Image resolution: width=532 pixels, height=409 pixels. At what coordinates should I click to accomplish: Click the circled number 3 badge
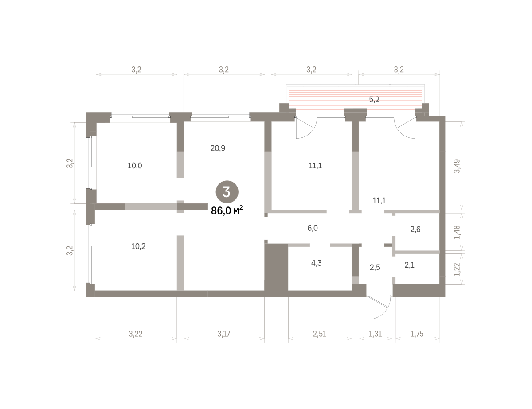pyautogui.click(x=227, y=192)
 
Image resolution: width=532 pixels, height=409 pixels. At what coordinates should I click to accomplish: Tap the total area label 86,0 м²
pyautogui.click(x=227, y=210)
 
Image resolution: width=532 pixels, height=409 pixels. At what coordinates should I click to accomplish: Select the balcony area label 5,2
pyautogui.click(x=374, y=100)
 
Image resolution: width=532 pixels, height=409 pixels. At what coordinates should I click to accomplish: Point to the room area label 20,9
pyautogui.click(x=218, y=148)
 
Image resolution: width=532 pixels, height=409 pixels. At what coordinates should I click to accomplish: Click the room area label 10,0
pyautogui.click(x=135, y=166)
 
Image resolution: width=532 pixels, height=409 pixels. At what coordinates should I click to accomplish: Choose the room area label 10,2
pyautogui.click(x=138, y=246)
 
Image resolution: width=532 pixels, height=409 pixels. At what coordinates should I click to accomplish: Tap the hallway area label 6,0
pyautogui.click(x=313, y=228)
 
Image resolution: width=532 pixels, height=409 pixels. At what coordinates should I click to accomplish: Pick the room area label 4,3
pyautogui.click(x=316, y=263)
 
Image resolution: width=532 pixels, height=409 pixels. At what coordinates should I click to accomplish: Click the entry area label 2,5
pyautogui.click(x=375, y=268)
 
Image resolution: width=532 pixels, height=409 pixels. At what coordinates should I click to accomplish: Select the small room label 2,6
pyautogui.click(x=415, y=230)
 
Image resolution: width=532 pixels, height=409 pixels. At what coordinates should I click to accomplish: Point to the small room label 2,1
pyautogui.click(x=409, y=265)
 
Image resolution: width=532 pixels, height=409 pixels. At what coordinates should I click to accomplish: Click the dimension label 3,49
pyautogui.click(x=457, y=166)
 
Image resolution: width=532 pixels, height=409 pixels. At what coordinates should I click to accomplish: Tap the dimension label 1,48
pyautogui.click(x=457, y=232)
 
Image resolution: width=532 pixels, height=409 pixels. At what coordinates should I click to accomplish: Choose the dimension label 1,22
pyautogui.click(x=457, y=269)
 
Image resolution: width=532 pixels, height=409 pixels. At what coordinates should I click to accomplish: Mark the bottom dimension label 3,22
pyautogui.click(x=136, y=334)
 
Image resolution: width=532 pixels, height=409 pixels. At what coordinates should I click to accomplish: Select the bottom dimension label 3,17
pyautogui.click(x=224, y=334)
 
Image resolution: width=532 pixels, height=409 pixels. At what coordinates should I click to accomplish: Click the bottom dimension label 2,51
pyautogui.click(x=320, y=334)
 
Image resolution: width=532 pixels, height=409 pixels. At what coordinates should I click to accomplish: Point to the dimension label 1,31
pyautogui.click(x=376, y=334)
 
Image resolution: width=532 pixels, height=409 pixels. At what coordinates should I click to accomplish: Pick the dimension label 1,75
pyautogui.click(x=417, y=334)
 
